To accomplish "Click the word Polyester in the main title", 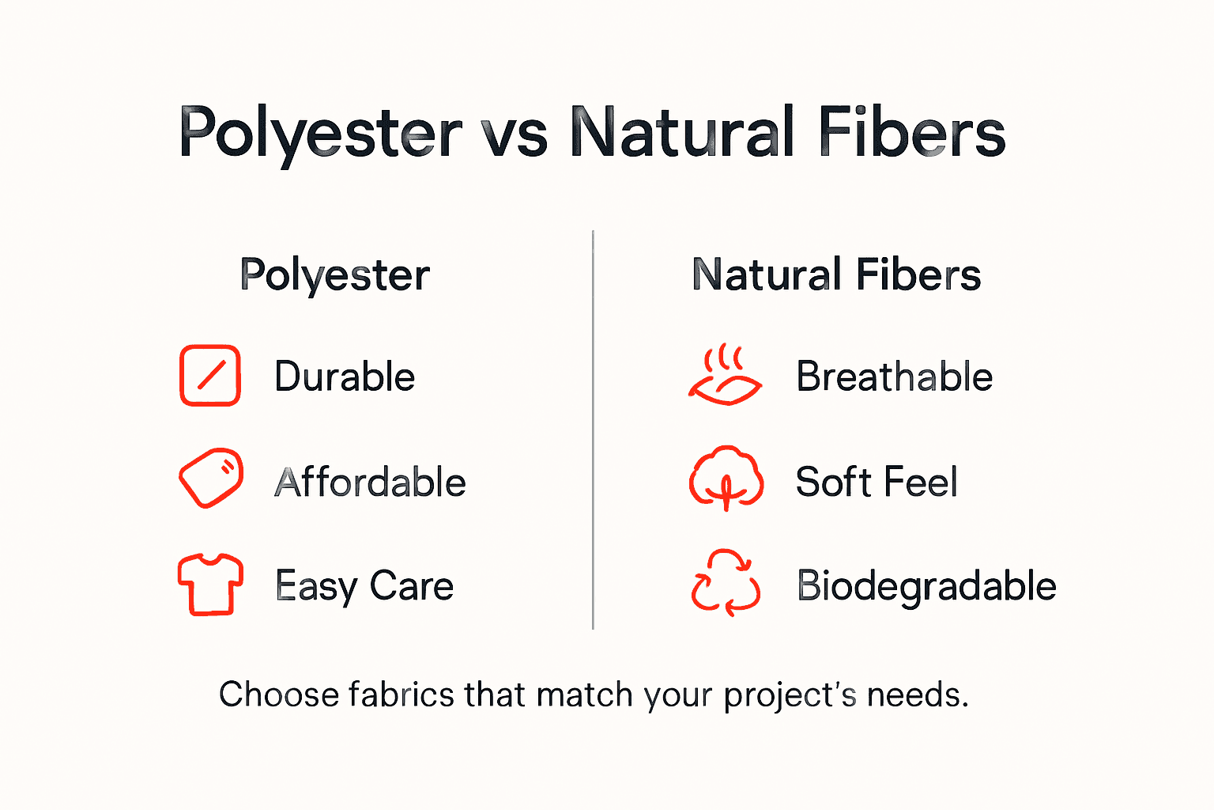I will point(320,133).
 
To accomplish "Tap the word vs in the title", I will point(515,134).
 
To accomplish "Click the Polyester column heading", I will point(334,276).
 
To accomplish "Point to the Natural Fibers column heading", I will point(836,274).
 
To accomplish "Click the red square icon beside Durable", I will point(209,375).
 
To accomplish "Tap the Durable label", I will point(345,377).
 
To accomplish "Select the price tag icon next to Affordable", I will point(210,478).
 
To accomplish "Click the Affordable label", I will point(370,483).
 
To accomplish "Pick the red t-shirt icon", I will point(210,584).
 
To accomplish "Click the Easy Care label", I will point(364,586).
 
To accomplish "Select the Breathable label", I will point(894,377).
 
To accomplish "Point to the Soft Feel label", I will point(877,482).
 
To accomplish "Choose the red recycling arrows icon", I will point(726,583).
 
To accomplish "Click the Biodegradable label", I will point(926,586).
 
